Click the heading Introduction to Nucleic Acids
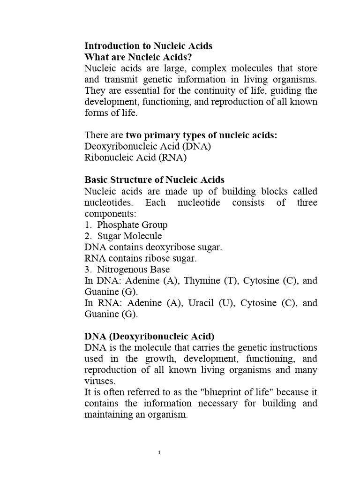pos(148,46)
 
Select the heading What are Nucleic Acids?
pos(138,57)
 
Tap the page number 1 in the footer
pos(160,453)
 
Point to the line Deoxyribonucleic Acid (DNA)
pos(148,147)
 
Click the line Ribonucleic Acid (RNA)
pos(135,158)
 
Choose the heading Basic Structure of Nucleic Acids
pos(154,180)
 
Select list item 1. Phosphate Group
pos(126,225)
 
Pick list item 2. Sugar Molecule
pos(123,236)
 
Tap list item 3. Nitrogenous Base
pos(127,270)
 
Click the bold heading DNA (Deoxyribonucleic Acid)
pos(149,337)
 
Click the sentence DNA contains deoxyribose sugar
pos(153,247)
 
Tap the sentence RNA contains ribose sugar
pos(141,258)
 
